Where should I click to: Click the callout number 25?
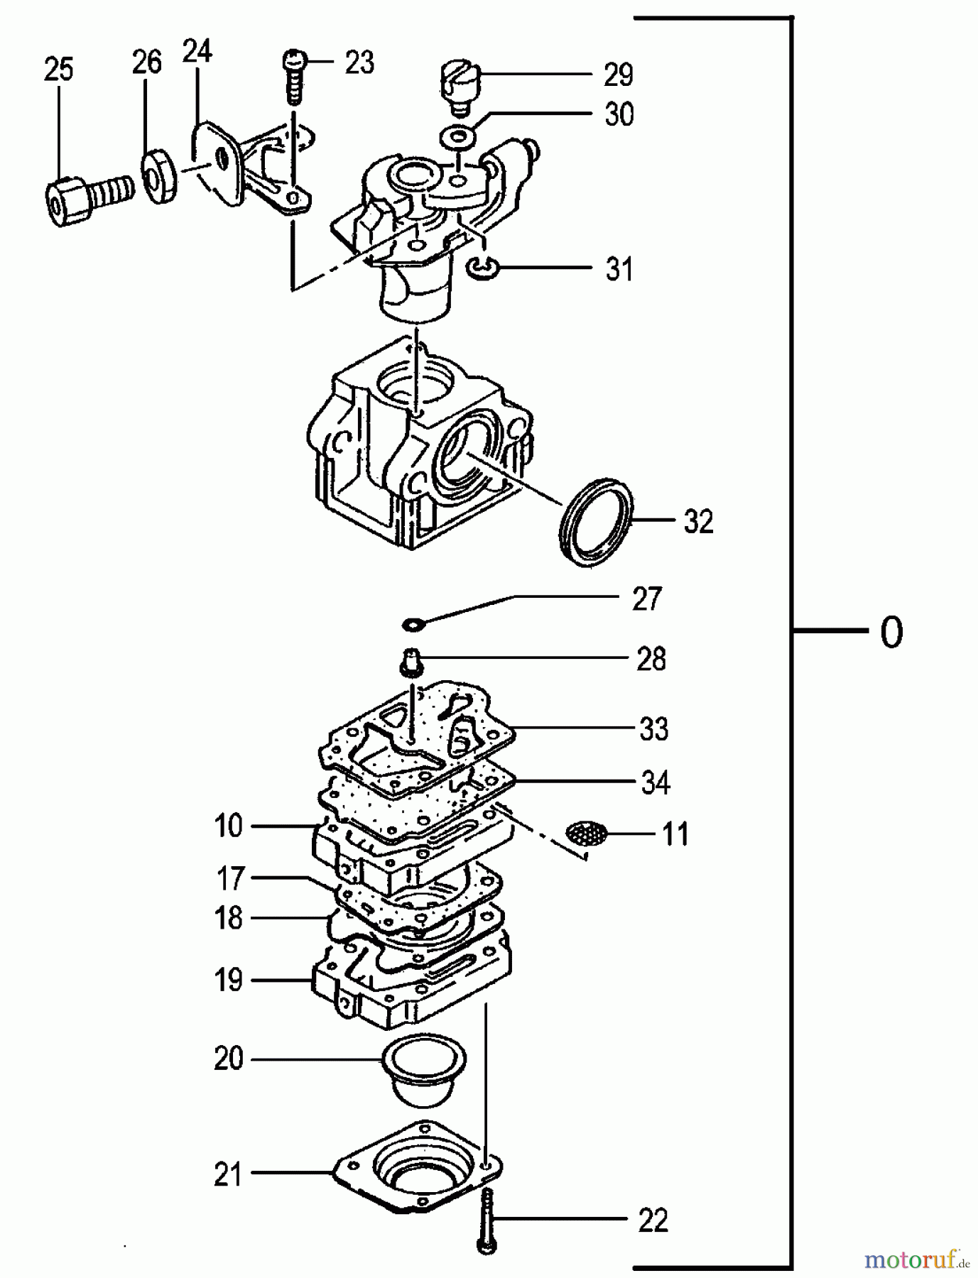click(x=58, y=70)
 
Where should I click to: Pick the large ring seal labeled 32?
click(x=595, y=522)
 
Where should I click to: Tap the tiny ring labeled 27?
click(x=413, y=624)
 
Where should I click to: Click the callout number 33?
click(x=653, y=729)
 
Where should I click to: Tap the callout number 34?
click(x=655, y=782)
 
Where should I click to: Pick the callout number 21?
click(x=229, y=1175)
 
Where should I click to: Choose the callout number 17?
click(x=231, y=878)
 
